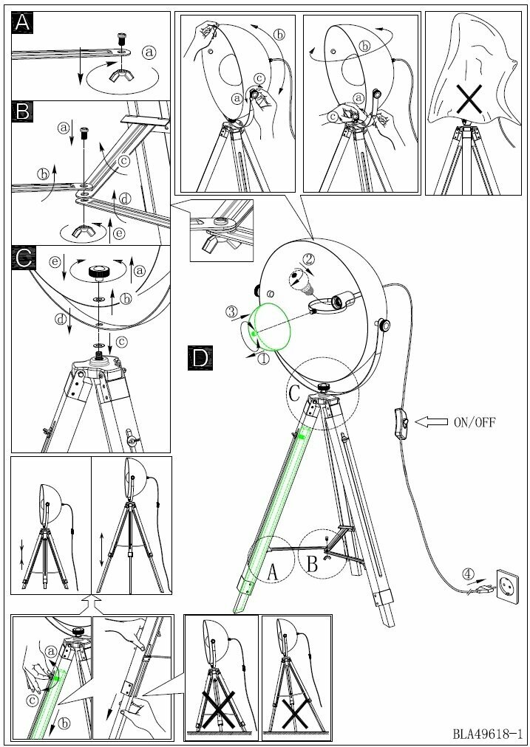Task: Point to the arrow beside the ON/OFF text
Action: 430,422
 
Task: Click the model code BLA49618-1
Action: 488,734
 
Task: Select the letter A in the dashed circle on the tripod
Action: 271,571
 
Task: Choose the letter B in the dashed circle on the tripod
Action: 312,565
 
